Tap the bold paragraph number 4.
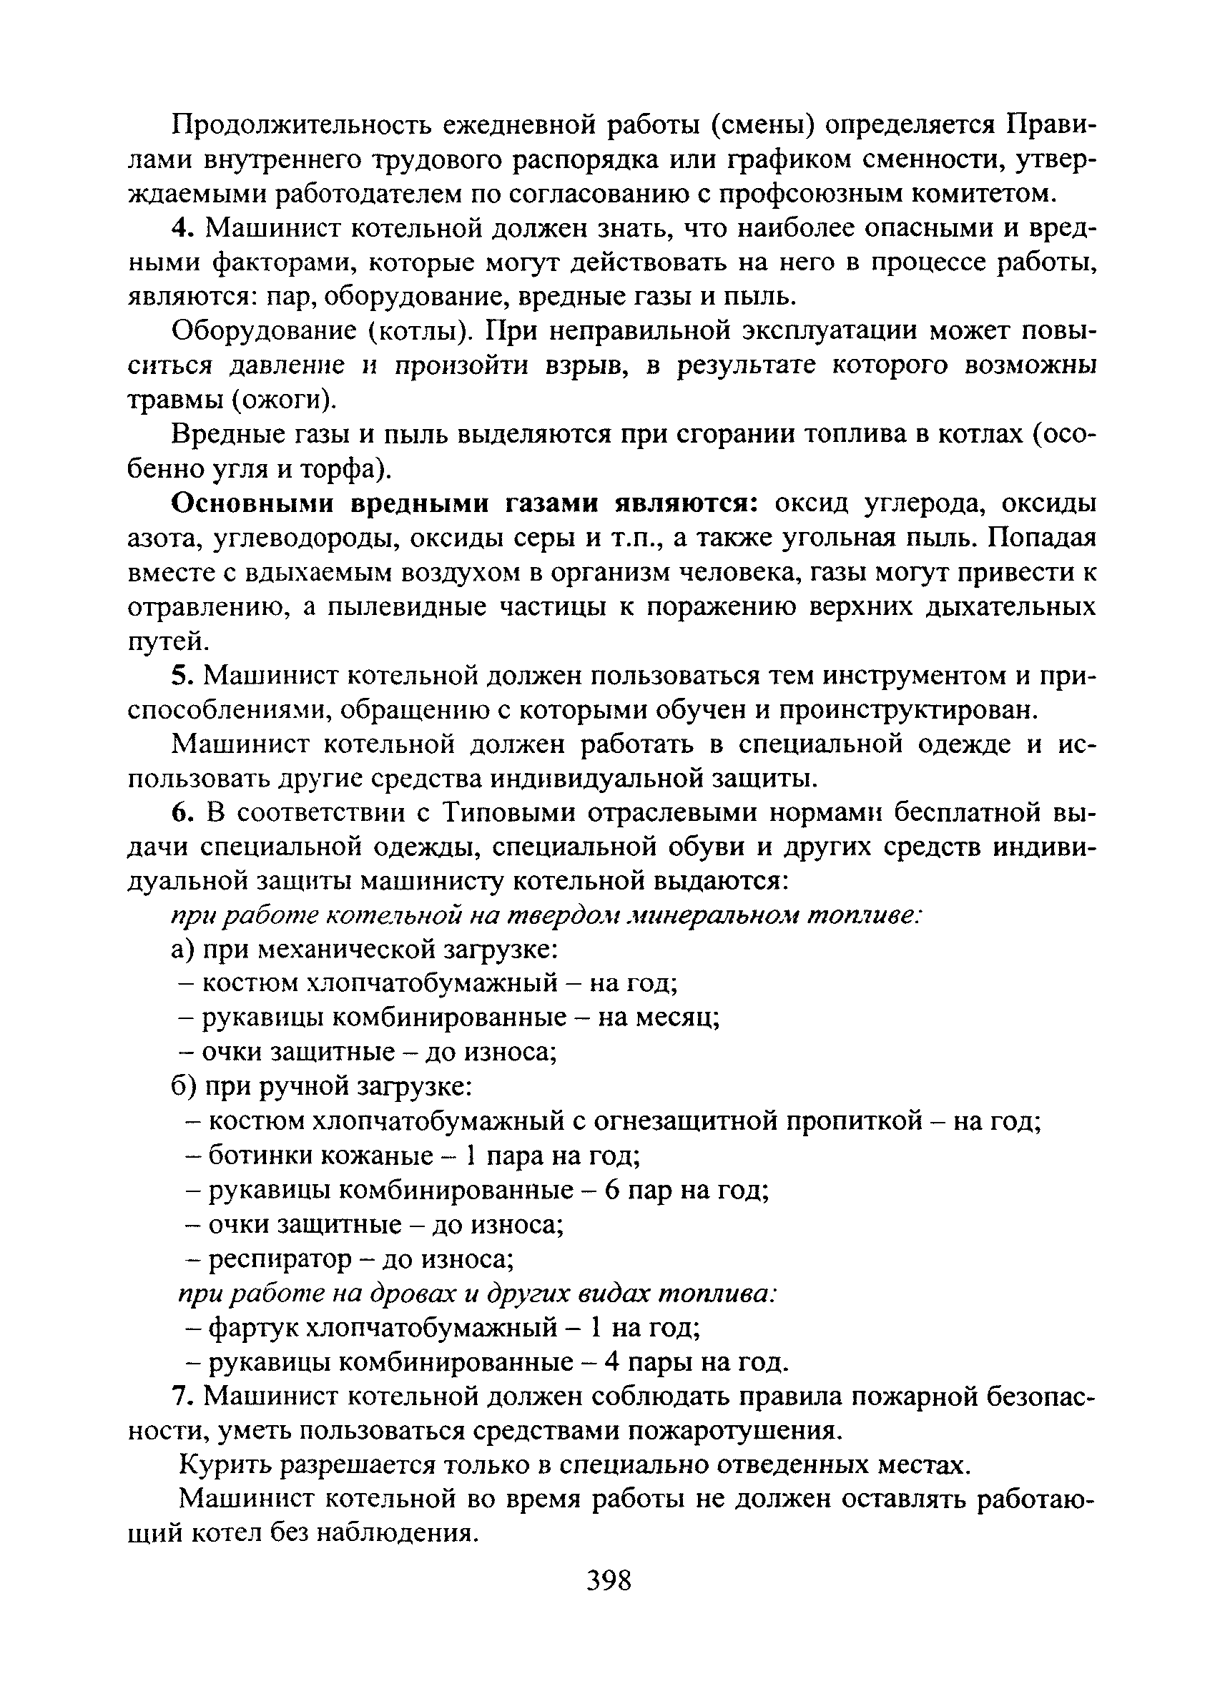click(x=182, y=228)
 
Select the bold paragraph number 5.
click(x=182, y=676)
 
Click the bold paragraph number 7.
click(x=182, y=1398)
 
